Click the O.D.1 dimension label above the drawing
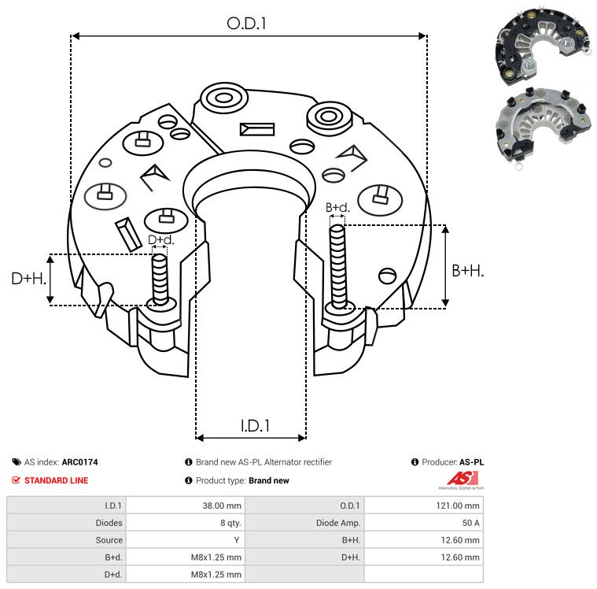pyautogui.click(x=246, y=24)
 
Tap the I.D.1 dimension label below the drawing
pyautogui.click(x=255, y=426)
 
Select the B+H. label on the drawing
pyautogui.click(x=467, y=271)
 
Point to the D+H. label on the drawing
pyautogui.click(x=29, y=279)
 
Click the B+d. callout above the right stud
pyautogui.click(x=337, y=207)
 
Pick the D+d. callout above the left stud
pyautogui.click(x=160, y=240)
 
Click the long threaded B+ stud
pyautogui.click(x=338, y=266)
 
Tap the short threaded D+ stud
pyautogui.click(x=160, y=279)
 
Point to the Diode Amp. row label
pyautogui.click(x=338, y=523)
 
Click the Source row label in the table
pyautogui.click(x=109, y=540)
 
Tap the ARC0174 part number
pyautogui.click(x=80, y=462)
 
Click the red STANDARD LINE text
pyautogui.click(x=57, y=480)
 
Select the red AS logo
pyautogui.click(x=462, y=479)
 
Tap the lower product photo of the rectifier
pyautogui.click(x=544, y=128)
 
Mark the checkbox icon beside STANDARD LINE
pyautogui.click(x=16, y=480)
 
